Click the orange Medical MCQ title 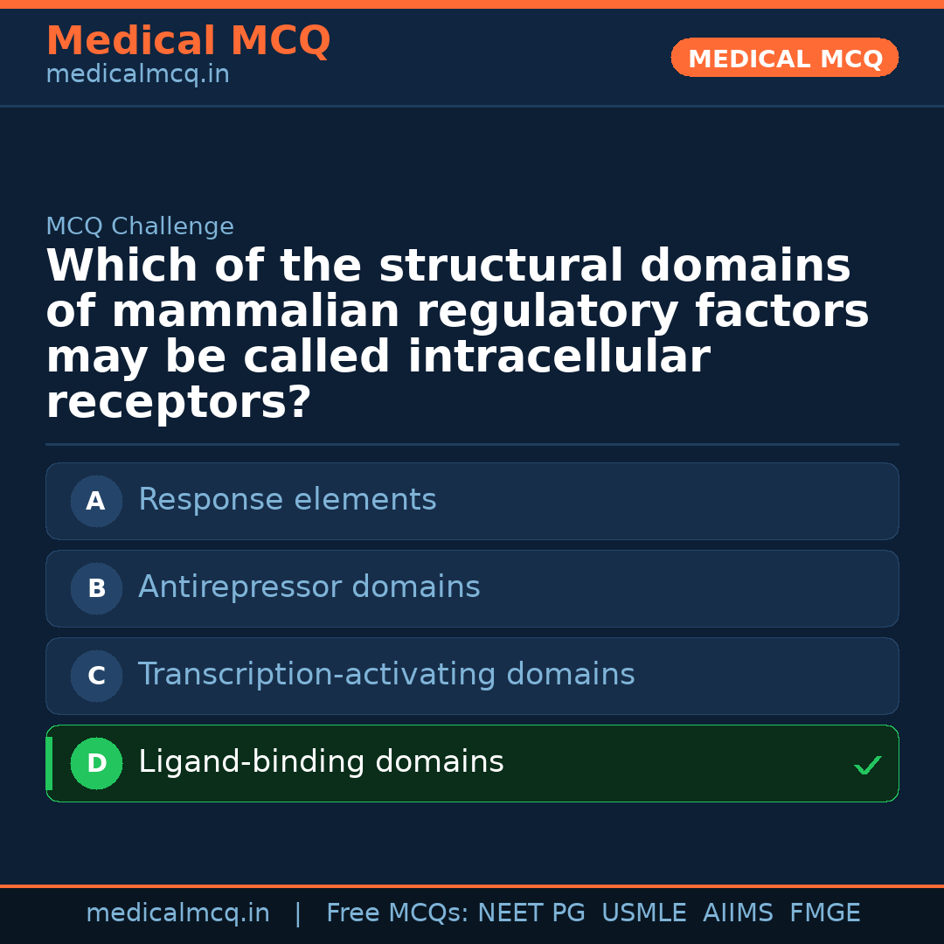(188, 41)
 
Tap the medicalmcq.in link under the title (137, 75)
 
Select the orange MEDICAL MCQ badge (785, 58)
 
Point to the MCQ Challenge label (140, 227)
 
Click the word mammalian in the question (255, 312)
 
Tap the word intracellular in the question (559, 357)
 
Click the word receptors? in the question (178, 403)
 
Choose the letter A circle (96, 502)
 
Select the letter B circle (96, 589)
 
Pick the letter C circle (96, 677)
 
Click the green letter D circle (96, 764)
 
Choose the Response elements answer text (288, 500)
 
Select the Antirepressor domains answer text (309, 587)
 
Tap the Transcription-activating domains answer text (386, 675)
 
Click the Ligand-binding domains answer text (321, 762)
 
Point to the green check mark (868, 766)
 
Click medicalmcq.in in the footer (177, 913)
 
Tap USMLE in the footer (643, 913)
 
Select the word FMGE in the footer (824, 913)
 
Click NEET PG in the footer (531, 913)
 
